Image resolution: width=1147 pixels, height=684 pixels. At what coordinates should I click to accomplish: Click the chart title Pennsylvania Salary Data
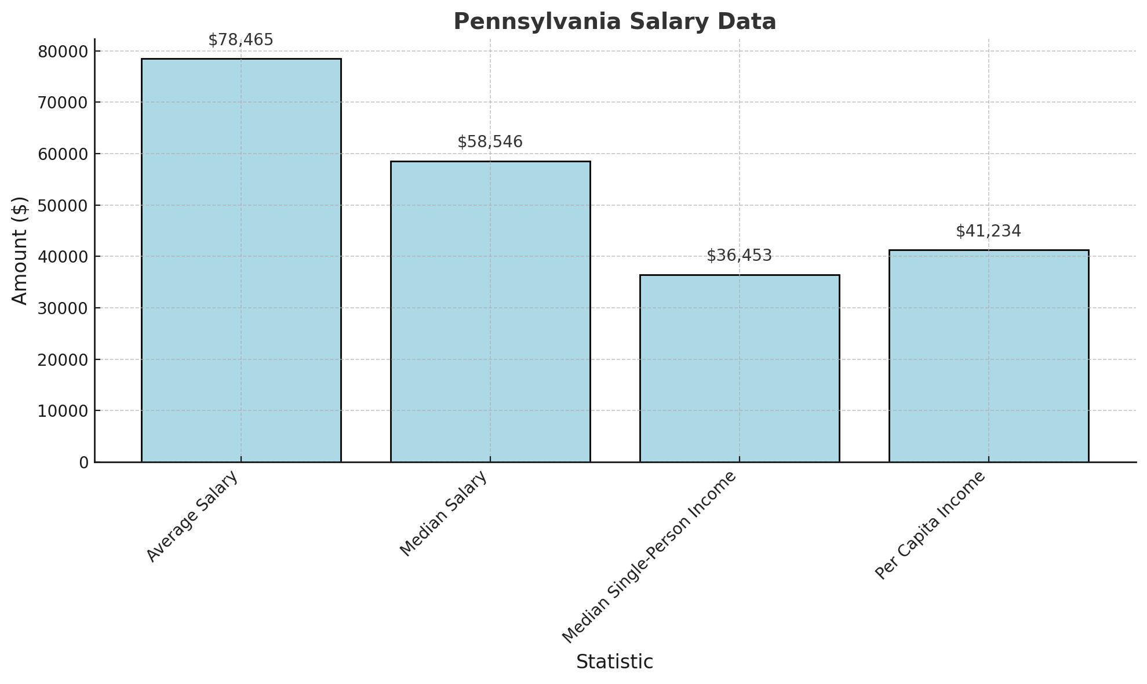point(614,22)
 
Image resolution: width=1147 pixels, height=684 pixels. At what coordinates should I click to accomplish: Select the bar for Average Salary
point(241,260)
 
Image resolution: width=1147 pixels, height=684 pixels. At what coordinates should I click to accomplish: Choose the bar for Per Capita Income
point(989,356)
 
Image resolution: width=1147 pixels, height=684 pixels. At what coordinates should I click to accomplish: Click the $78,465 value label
point(241,40)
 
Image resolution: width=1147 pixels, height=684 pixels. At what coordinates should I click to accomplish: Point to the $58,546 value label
point(490,142)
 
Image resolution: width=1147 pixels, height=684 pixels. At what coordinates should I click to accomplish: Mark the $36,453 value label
point(740,256)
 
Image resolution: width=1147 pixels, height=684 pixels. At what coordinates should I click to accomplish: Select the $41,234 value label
point(989,231)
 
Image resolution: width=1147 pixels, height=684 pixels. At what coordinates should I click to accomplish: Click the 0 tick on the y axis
point(84,463)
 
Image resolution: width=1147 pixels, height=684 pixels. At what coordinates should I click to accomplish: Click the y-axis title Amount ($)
point(20,250)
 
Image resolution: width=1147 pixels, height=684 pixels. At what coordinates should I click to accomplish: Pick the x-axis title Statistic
point(614,662)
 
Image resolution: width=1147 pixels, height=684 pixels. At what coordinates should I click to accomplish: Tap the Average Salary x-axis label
point(192,516)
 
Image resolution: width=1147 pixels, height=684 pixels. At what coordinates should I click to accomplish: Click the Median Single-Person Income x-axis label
point(649,556)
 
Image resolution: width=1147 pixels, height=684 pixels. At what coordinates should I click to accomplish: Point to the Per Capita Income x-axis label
point(930,525)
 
